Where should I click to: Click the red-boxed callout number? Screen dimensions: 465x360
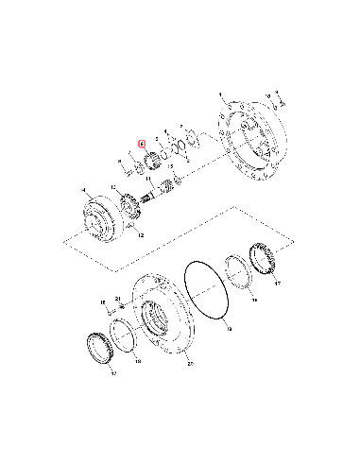point(142,146)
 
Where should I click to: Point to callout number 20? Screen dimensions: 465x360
point(190,362)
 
